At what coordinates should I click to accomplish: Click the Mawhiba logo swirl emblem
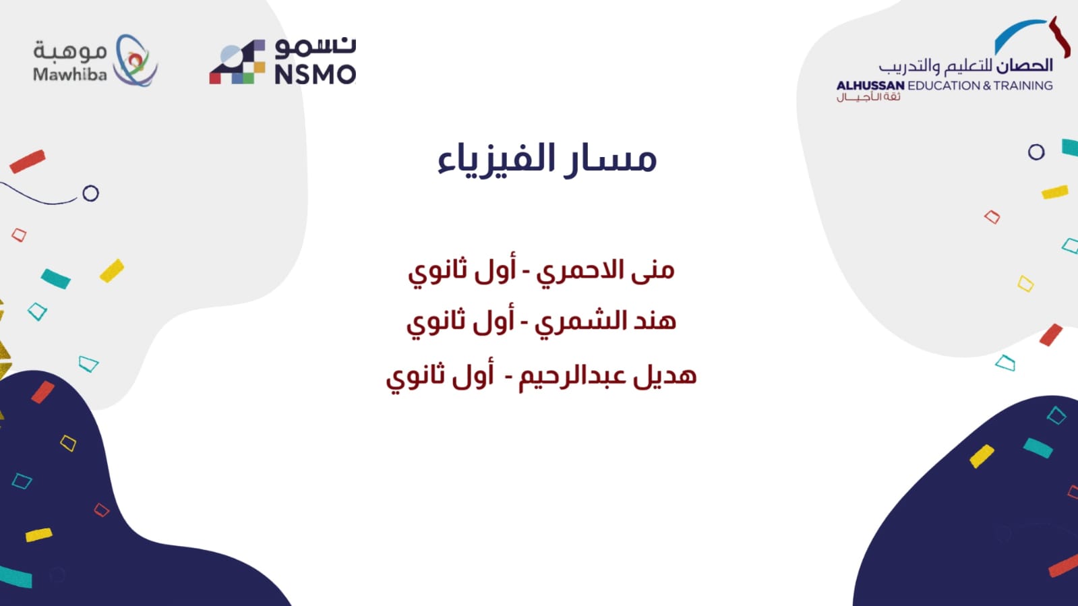(136, 60)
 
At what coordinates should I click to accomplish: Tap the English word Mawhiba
(70, 73)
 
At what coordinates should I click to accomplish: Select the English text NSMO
(316, 75)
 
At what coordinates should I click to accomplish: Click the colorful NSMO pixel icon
(237, 61)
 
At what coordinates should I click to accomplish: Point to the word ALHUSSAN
(870, 86)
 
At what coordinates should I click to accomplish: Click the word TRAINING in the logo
(1023, 86)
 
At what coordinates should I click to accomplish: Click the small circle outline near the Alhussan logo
(1036, 152)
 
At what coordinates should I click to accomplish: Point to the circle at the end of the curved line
(90, 193)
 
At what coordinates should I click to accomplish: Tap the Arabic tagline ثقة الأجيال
(868, 97)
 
